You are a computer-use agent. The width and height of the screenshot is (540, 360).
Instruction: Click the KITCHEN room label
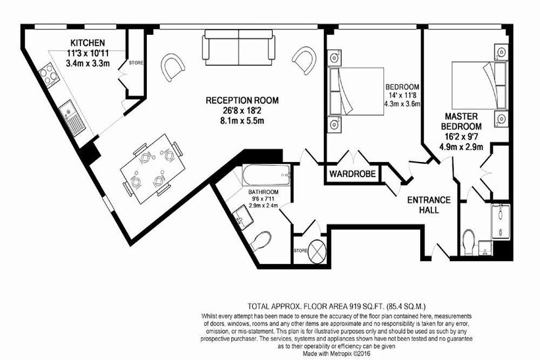[88, 43]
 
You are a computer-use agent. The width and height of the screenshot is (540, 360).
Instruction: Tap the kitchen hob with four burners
[48, 75]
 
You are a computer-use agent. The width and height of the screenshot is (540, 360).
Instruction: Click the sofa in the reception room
[238, 47]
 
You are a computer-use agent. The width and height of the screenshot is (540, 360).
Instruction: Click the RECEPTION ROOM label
[242, 101]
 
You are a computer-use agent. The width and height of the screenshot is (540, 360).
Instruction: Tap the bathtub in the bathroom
[267, 175]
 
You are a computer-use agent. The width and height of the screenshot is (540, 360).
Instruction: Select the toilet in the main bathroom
[260, 241]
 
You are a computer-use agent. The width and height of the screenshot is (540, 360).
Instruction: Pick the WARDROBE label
[352, 174]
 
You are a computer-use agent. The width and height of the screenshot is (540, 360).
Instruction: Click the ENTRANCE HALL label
[429, 205]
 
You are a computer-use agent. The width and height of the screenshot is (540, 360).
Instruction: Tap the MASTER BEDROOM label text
[461, 121]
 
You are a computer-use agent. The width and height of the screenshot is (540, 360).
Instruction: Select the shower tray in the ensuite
[500, 222]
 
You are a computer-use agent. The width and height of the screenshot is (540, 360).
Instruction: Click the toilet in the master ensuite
[469, 242]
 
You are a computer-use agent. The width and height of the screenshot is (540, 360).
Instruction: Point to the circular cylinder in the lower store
[317, 251]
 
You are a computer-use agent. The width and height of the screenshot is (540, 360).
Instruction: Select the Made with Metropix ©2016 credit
[337, 353]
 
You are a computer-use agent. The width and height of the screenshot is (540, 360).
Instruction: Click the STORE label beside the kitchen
[136, 63]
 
